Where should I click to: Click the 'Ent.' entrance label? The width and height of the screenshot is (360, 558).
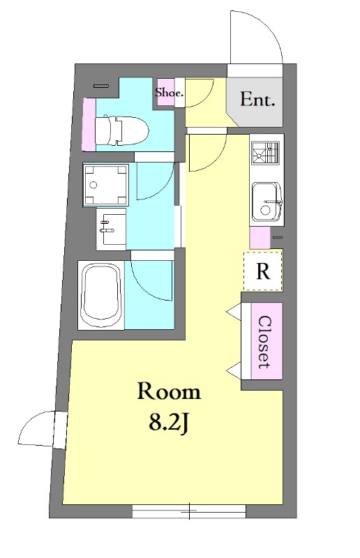point(257,99)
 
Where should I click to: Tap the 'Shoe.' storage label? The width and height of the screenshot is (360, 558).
point(169,93)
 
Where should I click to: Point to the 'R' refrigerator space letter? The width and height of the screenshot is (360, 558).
point(263,271)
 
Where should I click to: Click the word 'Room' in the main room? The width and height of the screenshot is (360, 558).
point(169,391)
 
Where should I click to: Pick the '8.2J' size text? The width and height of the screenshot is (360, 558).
point(168,423)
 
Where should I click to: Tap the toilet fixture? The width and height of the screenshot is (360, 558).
point(121,130)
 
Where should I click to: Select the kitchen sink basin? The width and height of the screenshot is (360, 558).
point(267,202)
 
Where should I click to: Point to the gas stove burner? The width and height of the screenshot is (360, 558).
point(266,153)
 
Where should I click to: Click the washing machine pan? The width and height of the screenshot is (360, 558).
point(106,185)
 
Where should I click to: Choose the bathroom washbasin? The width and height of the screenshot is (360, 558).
point(111,229)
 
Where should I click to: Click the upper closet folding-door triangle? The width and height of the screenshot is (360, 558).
point(234,311)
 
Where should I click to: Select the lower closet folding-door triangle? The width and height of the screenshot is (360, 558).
point(234,371)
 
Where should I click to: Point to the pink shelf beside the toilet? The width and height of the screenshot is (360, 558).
point(89,124)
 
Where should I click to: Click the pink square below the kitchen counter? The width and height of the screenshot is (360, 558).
point(260,238)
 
